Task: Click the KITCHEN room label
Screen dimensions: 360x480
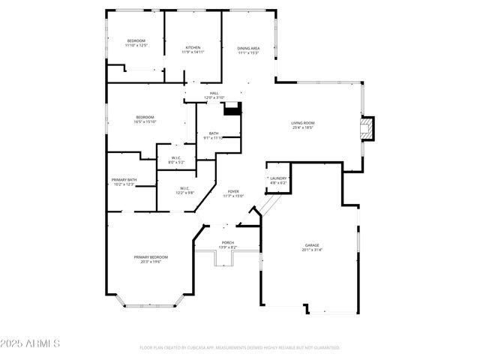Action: pos(193,47)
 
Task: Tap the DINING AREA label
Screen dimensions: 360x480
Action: pos(248,48)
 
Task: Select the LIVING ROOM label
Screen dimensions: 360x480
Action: pos(303,123)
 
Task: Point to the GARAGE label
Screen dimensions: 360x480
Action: pos(312,245)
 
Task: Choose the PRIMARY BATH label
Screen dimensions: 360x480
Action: pos(124,180)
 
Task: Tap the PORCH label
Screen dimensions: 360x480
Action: pos(227,242)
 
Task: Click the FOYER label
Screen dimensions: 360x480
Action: pos(233,191)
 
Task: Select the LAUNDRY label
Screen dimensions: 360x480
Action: pos(278,178)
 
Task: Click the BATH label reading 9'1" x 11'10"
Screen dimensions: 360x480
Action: pos(214,133)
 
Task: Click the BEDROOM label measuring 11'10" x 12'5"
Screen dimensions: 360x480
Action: pos(136,40)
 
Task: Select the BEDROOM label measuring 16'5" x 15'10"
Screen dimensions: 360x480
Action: pos(145,117)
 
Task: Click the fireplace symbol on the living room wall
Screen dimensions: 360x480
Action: pos(367,127)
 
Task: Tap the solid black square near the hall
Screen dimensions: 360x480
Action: pos(234,108)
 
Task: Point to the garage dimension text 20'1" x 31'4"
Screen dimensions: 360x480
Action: pos(312,250)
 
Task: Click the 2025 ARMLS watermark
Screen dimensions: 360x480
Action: pos(31,343)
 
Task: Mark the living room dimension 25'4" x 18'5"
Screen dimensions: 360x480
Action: pos(303,128)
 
